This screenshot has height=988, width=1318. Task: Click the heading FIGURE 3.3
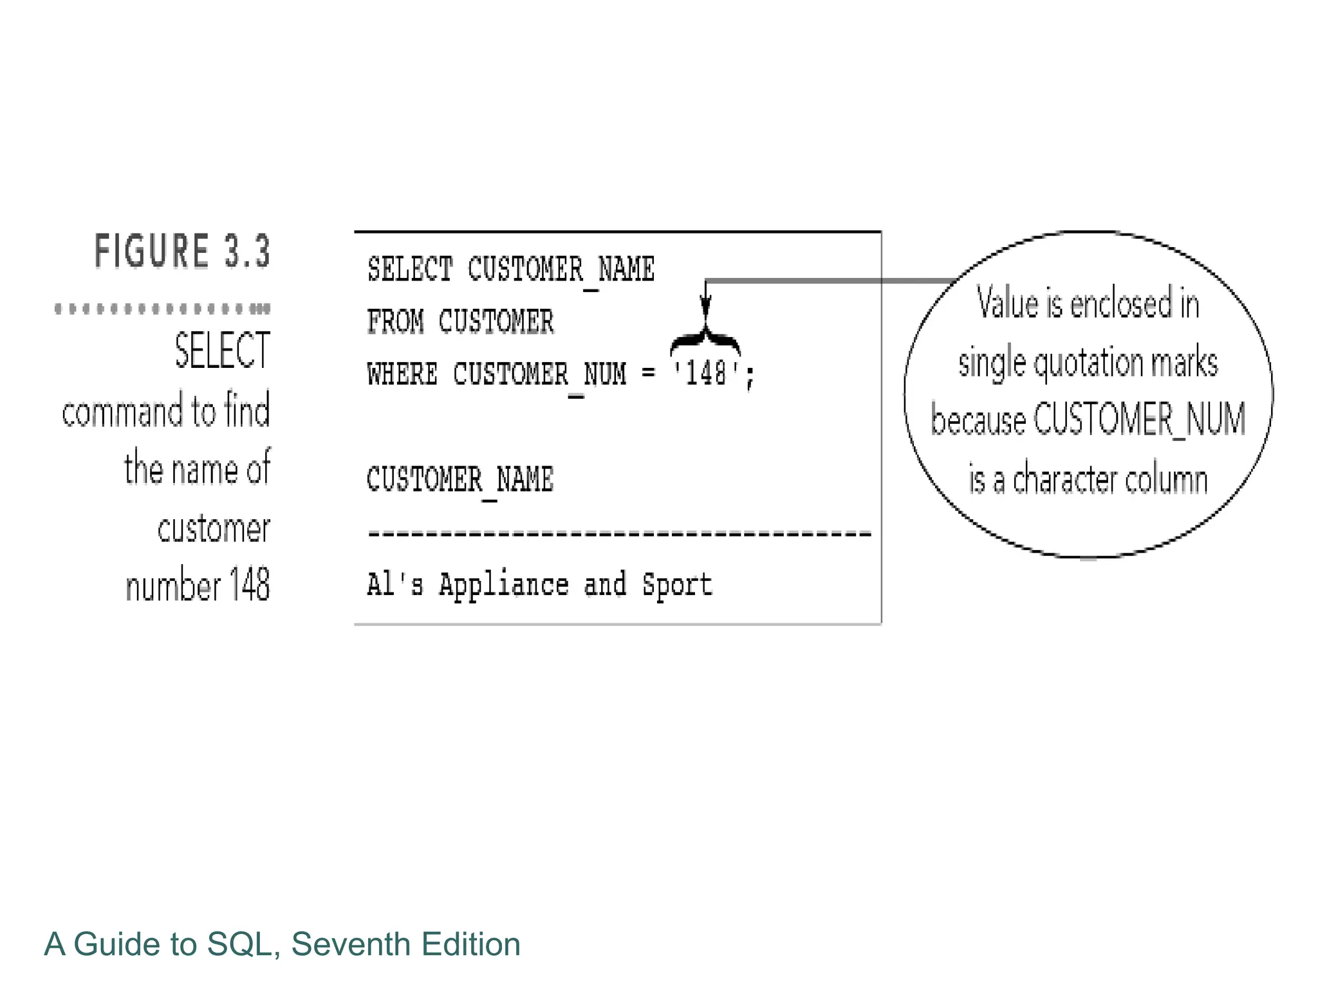coord(182,251)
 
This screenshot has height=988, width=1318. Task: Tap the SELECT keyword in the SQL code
coord(410,270)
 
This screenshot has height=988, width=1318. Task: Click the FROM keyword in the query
coord(395,322)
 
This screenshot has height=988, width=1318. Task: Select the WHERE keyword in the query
coord(402,374)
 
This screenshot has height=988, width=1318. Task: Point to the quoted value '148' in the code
coord(705,373)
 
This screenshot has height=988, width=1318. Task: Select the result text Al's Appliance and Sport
coord(539,585)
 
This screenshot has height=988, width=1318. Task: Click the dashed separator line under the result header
coord(619,534)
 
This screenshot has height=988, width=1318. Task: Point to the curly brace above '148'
coord(705,340)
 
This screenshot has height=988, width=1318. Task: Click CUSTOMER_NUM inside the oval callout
coord(1139,419)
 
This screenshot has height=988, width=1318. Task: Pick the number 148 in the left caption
coord(249,585)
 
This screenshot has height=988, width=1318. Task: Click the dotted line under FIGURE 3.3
coord(162,309)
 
